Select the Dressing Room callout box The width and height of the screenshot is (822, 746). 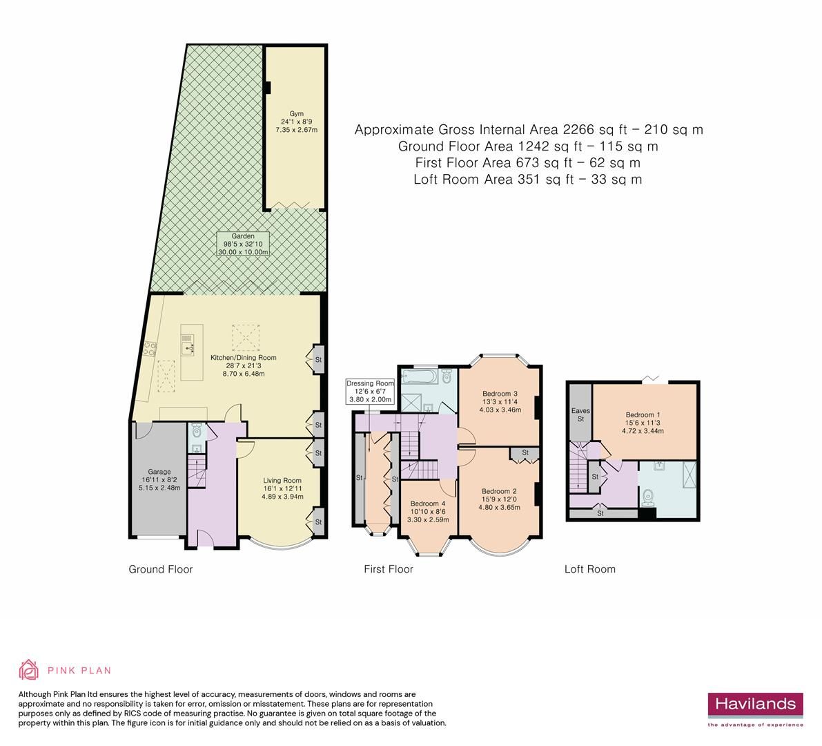[x=370, y=391]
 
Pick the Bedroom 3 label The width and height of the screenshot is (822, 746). [x=501, y=401]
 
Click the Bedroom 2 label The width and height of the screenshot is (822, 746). [x=500, y=499]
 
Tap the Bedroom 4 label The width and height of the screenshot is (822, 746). [x=429, y=511]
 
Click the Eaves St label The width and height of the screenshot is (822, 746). [x=580, y=414]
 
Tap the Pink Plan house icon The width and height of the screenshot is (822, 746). [x=28, y=669]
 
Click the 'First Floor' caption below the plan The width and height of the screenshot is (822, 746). [x=389, y=569]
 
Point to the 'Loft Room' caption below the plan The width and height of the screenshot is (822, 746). [x=589, y=569]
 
